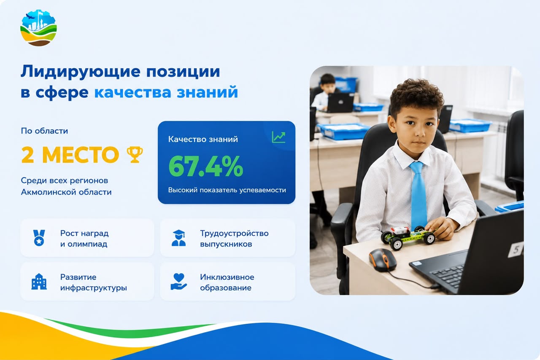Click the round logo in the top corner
[38, 28]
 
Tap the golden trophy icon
[135, 154]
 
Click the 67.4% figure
[205, 166]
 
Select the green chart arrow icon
[278, 137]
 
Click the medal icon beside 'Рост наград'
[39, 238]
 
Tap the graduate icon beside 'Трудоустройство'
[178, 238]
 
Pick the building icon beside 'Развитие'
[39, 282]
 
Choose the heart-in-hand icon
[178, 282]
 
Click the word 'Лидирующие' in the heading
[81, 71]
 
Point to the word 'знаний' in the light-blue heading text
[207, 92]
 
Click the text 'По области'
[44, 131]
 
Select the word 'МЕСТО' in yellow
[81, 155]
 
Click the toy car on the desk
[408, 237]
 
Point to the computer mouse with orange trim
[383, 260]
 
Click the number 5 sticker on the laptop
[516, 250]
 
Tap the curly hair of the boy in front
[416, 97]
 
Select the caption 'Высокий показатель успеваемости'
[227, 190]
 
